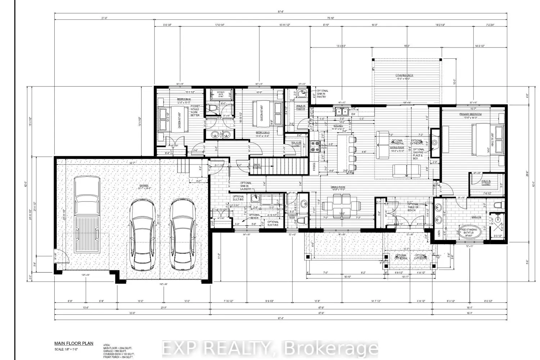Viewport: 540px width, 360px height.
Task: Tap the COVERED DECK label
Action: [404, 75]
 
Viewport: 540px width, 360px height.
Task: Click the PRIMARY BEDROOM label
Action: [470, 114]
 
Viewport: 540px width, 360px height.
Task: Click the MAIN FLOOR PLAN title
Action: [73, 343]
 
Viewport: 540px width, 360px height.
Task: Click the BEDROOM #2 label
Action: [184, 99]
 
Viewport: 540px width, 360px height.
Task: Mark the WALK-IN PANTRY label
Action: [301, 107]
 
